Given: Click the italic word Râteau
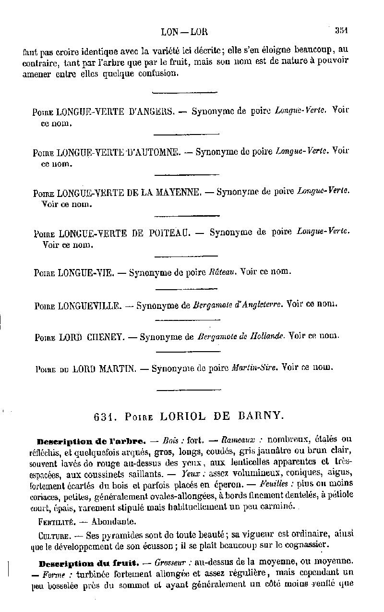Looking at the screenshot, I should [x=223, y=271].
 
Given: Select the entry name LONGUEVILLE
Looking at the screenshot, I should [x=89, y=306].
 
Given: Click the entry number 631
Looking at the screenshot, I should [x=104, y=417].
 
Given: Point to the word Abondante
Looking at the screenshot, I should [x=114, y=520].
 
